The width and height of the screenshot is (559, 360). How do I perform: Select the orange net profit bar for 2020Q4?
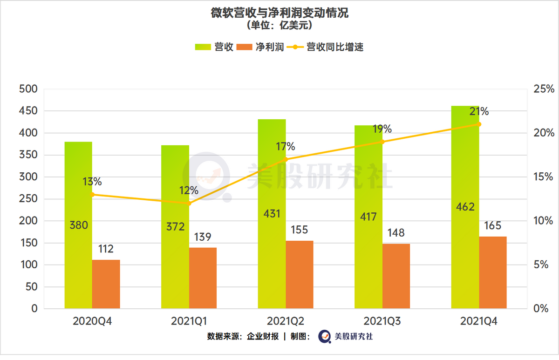(106, 284)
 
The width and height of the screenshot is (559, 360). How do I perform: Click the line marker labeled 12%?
(189, 203)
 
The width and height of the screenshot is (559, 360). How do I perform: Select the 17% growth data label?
(286, 147)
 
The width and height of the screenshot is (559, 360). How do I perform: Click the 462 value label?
(465, 207)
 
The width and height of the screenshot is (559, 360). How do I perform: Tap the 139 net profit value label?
(203, 237)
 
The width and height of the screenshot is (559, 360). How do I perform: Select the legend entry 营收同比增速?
(325, 47)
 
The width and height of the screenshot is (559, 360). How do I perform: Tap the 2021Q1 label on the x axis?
(189, 321)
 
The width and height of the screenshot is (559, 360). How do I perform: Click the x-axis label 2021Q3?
(382, 321)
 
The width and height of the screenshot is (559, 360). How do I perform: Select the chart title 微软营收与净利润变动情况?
(279, 13)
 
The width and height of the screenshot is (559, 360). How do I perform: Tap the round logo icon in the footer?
(325, 336)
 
